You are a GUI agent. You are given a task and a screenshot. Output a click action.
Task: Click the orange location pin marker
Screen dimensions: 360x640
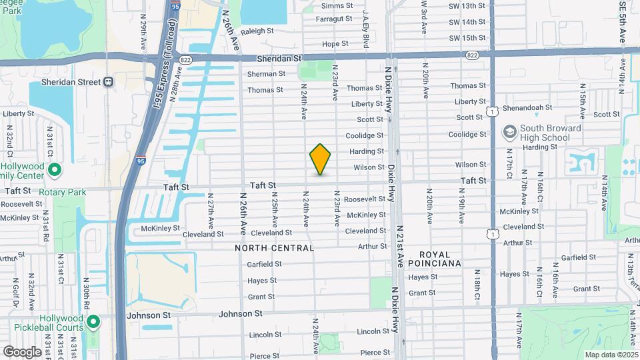coord(320,159)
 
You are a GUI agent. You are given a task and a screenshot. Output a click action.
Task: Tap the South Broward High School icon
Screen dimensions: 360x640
coord(510,132)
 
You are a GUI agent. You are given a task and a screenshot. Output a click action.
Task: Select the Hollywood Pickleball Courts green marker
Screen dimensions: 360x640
coord(93,323)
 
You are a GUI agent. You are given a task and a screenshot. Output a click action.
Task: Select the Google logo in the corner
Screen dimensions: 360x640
coord(21,351)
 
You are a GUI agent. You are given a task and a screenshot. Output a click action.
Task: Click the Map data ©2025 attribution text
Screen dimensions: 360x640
coord(611,355)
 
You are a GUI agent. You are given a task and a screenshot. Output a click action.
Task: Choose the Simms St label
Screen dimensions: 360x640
coord(336,5)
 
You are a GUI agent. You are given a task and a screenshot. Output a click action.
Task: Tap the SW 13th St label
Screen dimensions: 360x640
coord(467,6)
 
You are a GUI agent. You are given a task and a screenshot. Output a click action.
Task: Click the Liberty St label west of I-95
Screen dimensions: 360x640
coord(19,114)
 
